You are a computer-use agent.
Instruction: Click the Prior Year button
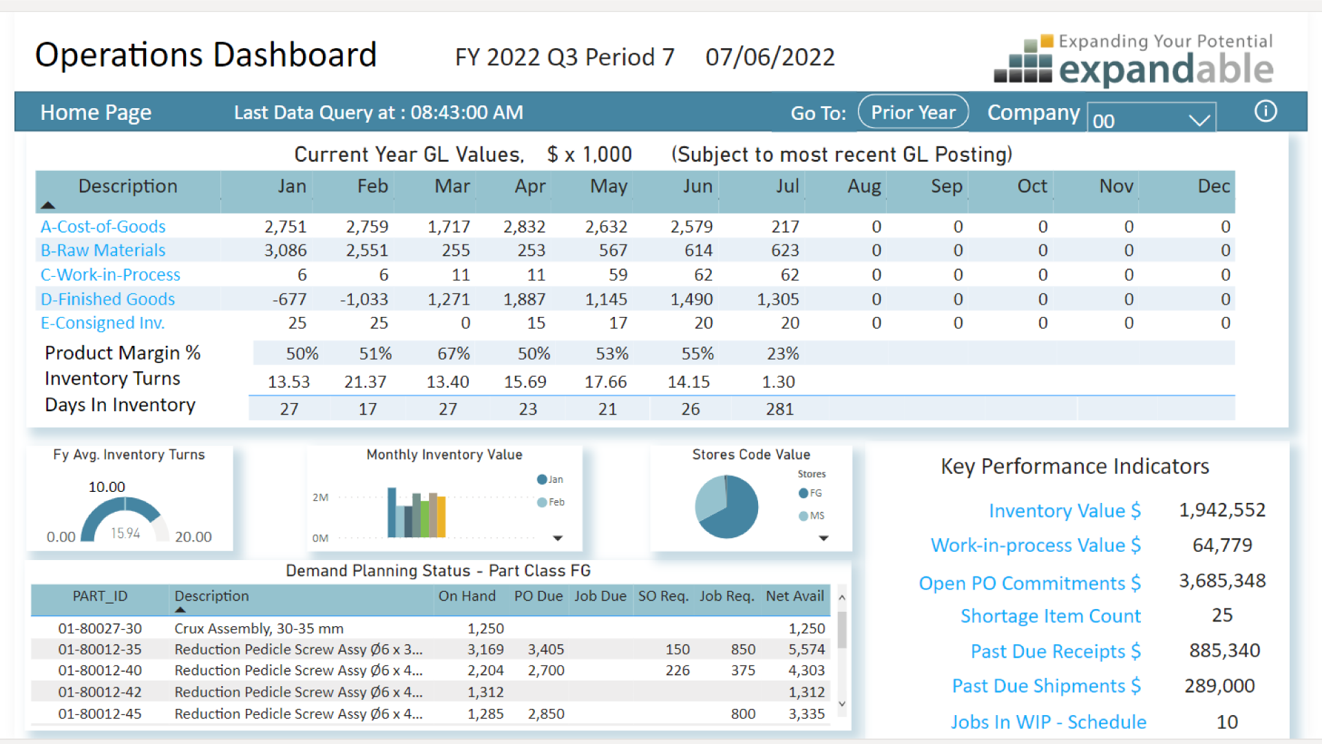point(913,112)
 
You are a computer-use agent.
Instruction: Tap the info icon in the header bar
point(1265,111)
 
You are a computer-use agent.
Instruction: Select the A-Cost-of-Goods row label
point(103,227)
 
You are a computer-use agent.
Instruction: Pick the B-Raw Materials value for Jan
point(285,250)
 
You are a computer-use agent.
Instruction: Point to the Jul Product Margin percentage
point(783,353)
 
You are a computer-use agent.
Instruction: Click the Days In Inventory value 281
point(779,409)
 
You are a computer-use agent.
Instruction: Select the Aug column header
point(863,187)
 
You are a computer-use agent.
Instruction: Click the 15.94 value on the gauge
point(125,533)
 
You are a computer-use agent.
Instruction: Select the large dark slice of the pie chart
point(734,513)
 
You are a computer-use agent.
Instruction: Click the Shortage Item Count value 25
point(1222,615)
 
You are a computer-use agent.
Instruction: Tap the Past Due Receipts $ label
point(1055,651)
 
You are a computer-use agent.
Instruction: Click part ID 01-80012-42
point(100,692)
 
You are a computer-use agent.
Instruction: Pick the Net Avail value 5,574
point(806,650)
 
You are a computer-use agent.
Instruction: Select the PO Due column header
point(538,596)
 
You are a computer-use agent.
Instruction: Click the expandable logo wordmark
point(1165,70)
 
